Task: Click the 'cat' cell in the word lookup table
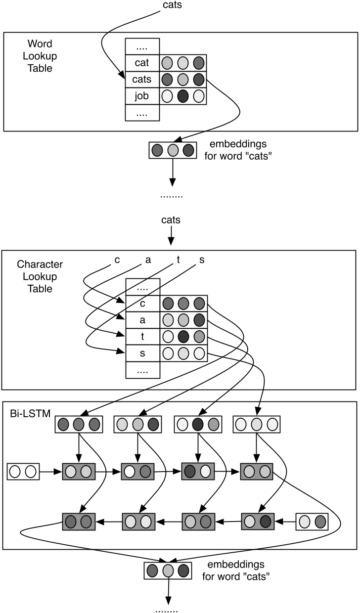click(x=142, y=63)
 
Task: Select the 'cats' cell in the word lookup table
click(x=142, y=79)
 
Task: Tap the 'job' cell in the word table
click(x=142, y=95)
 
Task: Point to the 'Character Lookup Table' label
click(x=40, y=277)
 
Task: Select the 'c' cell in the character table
click(x=142, y=304)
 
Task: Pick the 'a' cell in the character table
click(x=142, y=320)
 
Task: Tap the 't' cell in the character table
click(x=142, y=337)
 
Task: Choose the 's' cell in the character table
click(x=142, y=353)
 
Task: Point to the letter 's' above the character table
click(x=201, y=260)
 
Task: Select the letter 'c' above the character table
click(x=117, y=260)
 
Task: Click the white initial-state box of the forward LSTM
click(x=23, y=471)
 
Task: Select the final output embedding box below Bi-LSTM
click(x=168, y=570)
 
